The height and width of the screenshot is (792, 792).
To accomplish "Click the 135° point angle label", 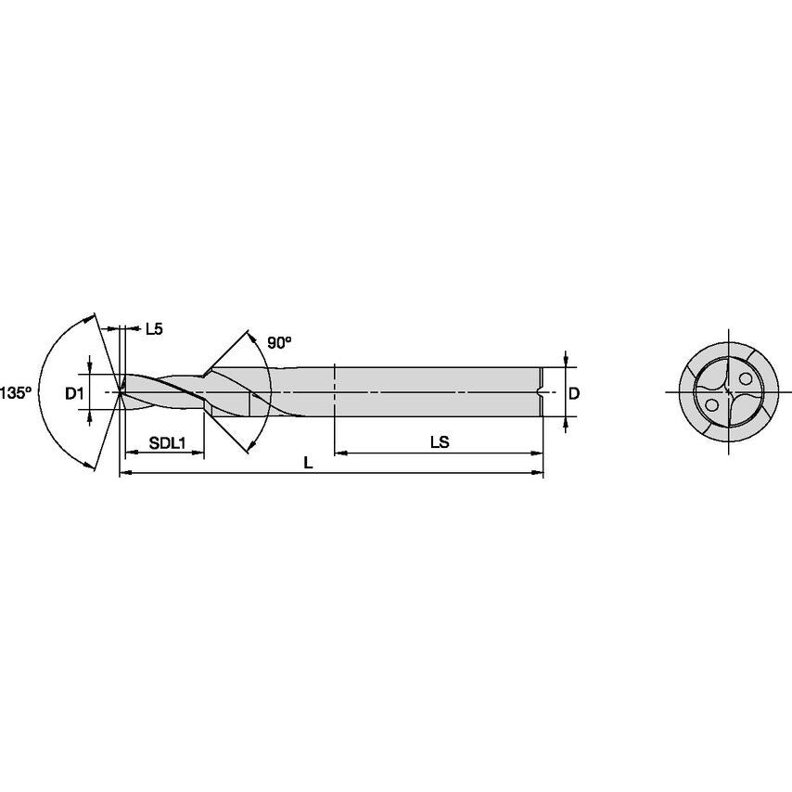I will click(x=16, y=392).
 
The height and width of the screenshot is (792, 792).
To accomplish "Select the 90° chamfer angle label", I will click(x=279, y=342).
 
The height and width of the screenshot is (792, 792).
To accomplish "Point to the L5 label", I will click(x=154, y=328).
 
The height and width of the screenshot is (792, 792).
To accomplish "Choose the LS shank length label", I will click(x=439, y=443).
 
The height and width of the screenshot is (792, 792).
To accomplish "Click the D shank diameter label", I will click(x=573, y=393).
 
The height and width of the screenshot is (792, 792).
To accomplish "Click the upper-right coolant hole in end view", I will click(x=744, y=378).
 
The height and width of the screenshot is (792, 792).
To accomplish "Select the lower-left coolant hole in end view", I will click(x=712, y=405).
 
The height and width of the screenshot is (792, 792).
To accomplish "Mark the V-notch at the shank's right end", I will click(x=540, y=392).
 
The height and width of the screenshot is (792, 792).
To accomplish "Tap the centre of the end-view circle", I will click(x=728, y=392).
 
